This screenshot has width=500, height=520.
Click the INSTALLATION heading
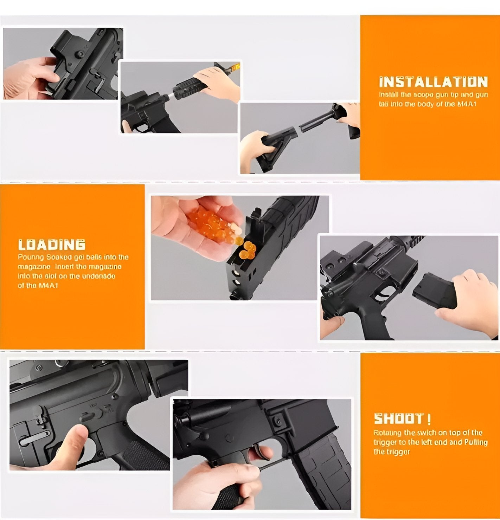(x=433, y=82)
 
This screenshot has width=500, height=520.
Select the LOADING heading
(x=52, y=245)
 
